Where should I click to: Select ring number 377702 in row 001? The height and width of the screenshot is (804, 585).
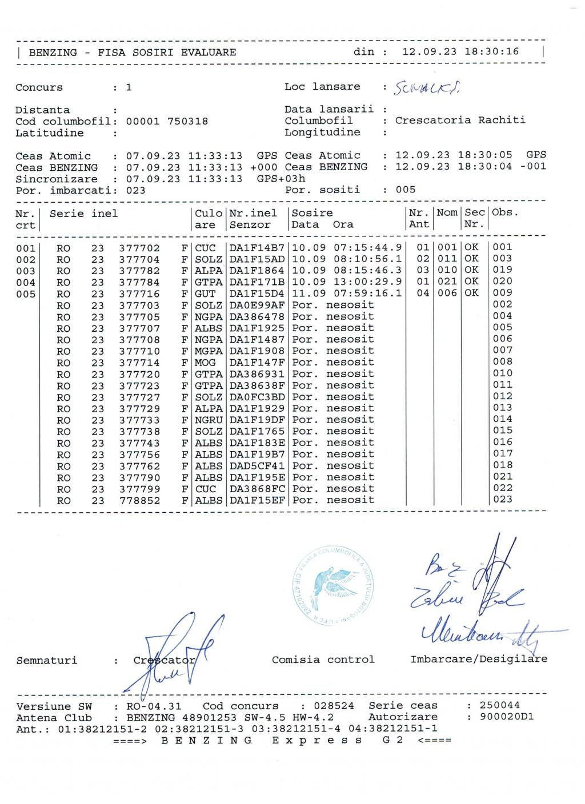(x=139, y=248)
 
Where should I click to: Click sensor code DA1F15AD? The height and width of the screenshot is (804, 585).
(x=257, y=259)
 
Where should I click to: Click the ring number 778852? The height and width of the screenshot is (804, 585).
(x=139, y=501)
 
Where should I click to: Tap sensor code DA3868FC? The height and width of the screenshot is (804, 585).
(x=257, y=489)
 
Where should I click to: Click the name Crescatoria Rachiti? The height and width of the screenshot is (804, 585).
(x=460, y=120)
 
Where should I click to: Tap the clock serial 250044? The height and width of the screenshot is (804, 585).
(x=500, y=705)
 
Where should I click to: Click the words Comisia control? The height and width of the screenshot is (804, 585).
(x=323, y=660)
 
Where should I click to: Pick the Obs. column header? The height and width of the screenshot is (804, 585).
(x=505, y=213)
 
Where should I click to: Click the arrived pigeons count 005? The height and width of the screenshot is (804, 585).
(x=406, y=190)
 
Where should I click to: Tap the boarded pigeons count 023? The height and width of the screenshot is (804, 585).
(x=135, y=191)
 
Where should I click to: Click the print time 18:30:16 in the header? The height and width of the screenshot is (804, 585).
(x=491, y=52)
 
